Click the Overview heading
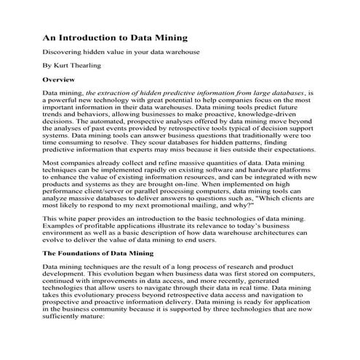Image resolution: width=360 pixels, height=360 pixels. pyautogui.click(x=60, y=78)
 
